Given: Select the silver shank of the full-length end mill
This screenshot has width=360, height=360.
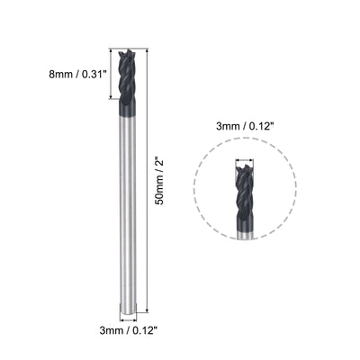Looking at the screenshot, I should [x=126, y=216].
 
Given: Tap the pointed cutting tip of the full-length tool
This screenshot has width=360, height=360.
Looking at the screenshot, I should [x=126, y=51].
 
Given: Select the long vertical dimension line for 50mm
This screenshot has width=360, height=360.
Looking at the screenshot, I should [x=145, y=180].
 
